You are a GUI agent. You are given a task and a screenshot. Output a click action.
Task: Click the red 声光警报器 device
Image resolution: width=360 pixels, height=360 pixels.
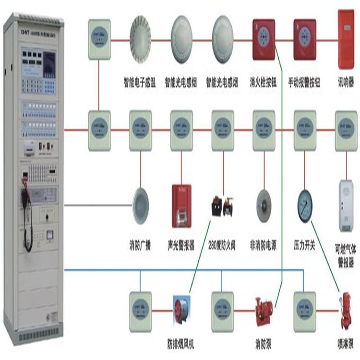(x=181, y=206)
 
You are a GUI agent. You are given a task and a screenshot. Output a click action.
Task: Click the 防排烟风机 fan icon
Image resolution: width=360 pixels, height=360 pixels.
(x=181, y=310)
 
